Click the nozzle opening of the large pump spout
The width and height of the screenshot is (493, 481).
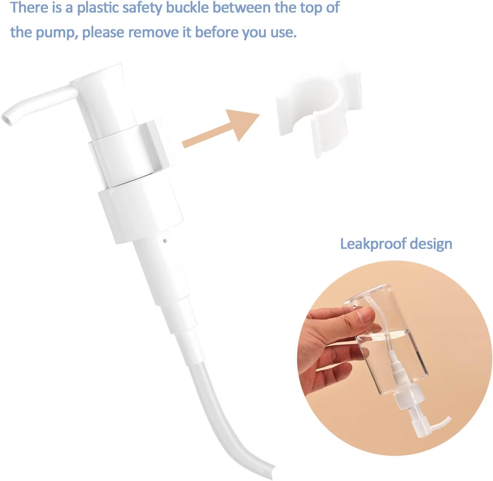(x=6, y=119)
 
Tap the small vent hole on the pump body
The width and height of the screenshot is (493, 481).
(x=165, y=240)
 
